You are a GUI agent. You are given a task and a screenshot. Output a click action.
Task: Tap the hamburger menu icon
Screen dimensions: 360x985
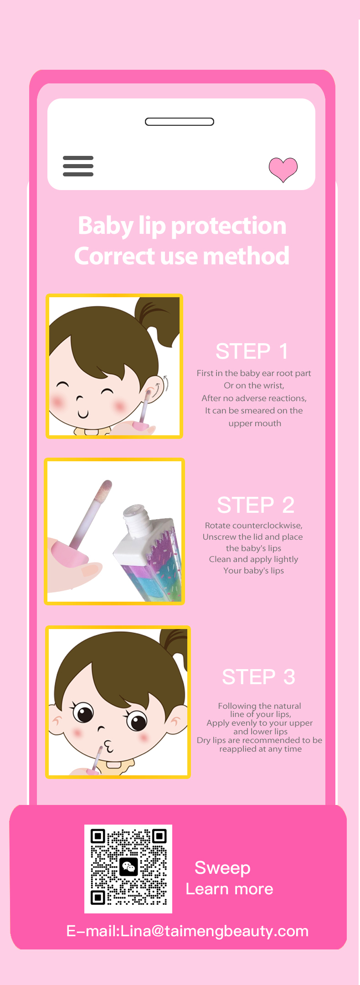78,166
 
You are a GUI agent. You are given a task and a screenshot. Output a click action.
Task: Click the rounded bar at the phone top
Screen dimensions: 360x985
180,122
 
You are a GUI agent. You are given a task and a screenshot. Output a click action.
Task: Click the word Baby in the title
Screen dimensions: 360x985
106,226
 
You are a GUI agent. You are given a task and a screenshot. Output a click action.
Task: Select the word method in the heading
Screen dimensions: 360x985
246,256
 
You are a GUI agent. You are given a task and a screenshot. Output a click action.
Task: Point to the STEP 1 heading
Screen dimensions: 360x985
252,351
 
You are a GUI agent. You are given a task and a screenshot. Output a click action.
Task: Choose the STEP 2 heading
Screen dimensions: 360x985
256,505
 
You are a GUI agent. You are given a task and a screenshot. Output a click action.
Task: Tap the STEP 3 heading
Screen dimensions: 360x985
259,677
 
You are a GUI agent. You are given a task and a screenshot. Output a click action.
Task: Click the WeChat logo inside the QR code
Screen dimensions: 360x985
129,867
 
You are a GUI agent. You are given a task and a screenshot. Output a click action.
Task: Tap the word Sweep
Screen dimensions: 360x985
222,868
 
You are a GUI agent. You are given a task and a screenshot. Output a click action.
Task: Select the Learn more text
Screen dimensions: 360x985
229,889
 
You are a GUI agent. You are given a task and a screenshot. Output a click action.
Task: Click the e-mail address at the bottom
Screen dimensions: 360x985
188,931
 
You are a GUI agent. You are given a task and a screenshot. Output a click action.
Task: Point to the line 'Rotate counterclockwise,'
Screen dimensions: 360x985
254,526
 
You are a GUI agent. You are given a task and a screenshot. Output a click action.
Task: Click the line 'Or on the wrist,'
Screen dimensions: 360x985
254,386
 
